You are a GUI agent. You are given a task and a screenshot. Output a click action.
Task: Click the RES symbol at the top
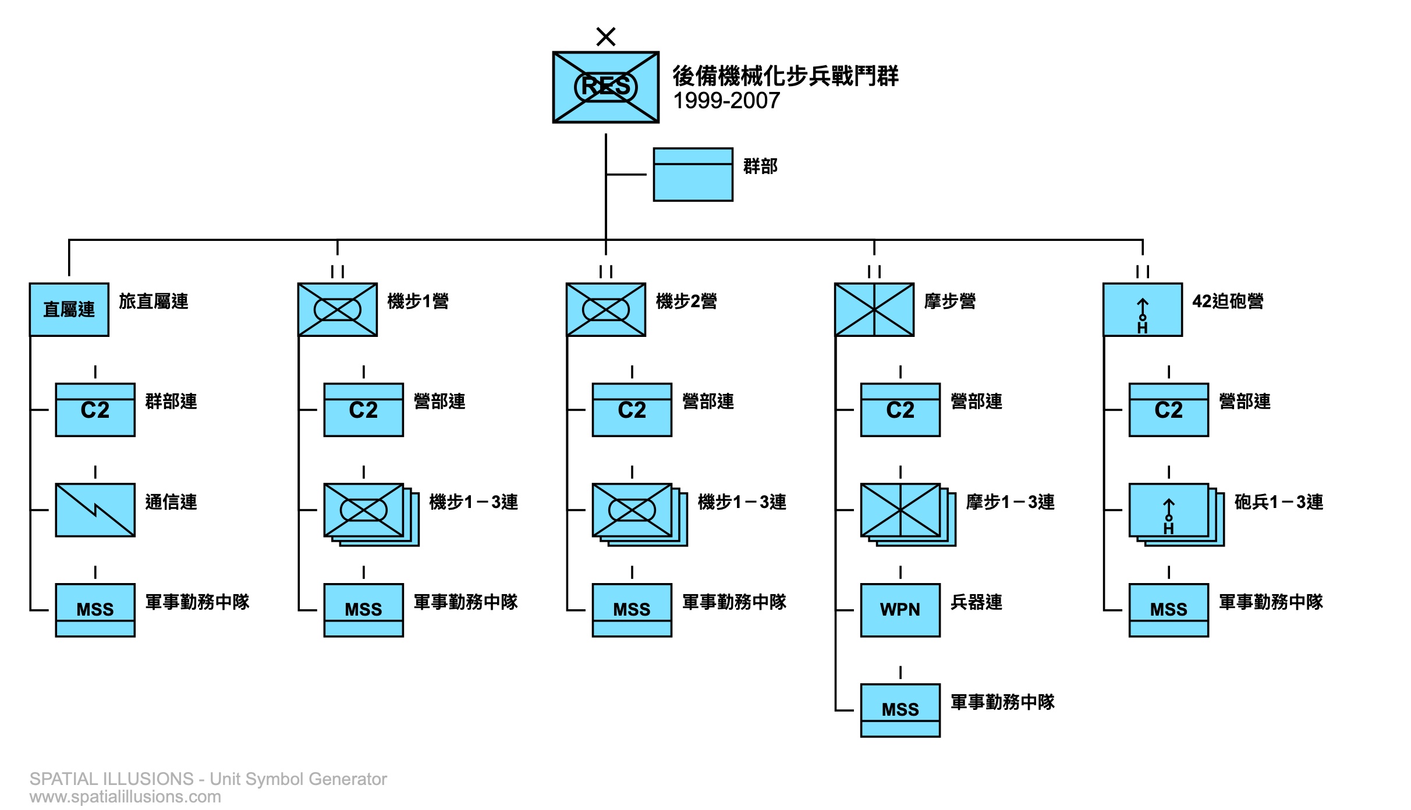pyautogui.click(x=605, y=87)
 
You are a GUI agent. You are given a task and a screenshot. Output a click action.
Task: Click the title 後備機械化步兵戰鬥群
pyautogui.click(x=785, y=76)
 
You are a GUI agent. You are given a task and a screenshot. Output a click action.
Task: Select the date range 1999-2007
pyautogui.click(x=726, y=101)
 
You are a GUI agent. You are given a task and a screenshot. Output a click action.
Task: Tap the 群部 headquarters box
pyautogui.click(x=693, y=175)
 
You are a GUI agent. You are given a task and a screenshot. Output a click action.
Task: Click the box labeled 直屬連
pyautogui.click(x=69, y=310)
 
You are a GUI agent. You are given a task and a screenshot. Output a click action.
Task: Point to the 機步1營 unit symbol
pyautogui.click(x=337, y=310)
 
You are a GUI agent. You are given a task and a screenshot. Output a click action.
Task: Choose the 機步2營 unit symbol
pyautogui.click(x=605, y=310)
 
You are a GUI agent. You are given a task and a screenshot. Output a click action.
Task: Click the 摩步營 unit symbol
pyautogui.click(x=874, y=310)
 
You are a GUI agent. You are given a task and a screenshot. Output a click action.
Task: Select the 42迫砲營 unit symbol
pyautogui.click(x=1142, y=310)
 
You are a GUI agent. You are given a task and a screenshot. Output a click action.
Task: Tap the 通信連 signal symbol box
pyautogui.click(x=95, y=510)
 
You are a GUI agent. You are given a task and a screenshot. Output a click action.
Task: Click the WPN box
pyautogui.click(x=900, y=610)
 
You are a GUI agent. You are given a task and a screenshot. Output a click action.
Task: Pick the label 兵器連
pyautogui.click(x=976, y=602)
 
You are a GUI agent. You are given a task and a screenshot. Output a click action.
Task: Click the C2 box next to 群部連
pyautogui.click(x=95, y=410)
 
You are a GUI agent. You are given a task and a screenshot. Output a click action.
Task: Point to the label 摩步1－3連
pyautogui.click(x=1010, y=502)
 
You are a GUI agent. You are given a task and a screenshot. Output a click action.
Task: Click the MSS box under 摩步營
pyautogui.click(x=900, y=710)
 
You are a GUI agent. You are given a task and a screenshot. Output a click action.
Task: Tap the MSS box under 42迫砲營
pyautogui.click(x=1168, y=610)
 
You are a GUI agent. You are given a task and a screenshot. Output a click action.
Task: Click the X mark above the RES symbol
pyautogui.click(x=605, y=37)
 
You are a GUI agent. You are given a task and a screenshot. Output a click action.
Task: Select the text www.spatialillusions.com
pyautogui.click(x=125, y=797)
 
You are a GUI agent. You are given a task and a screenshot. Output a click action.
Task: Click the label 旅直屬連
pyautogui.click(x=154, y=301)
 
